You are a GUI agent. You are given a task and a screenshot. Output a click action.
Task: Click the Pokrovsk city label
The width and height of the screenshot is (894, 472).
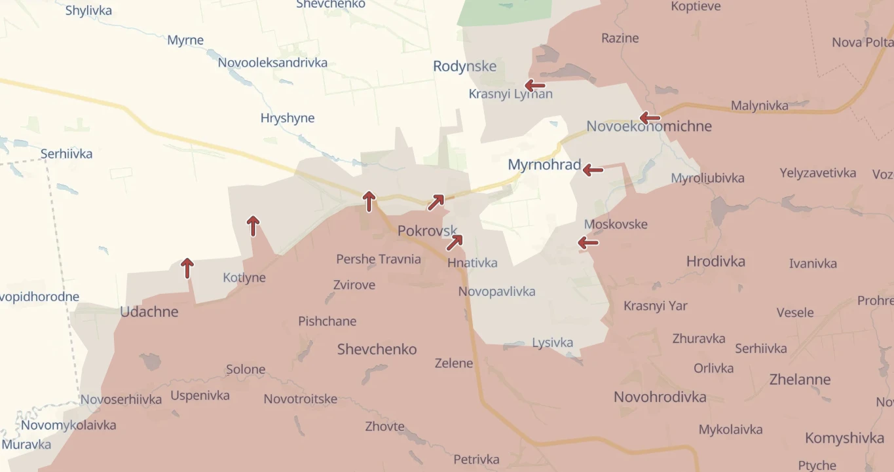(427, 231)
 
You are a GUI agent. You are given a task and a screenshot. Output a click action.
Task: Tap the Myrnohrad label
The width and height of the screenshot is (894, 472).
(544, 165)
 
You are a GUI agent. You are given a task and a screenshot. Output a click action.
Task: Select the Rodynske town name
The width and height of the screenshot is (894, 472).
(464, 66)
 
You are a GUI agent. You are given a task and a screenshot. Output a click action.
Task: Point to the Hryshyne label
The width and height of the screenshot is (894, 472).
(288, 118)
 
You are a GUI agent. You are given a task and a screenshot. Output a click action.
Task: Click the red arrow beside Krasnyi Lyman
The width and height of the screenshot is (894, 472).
(534, 85)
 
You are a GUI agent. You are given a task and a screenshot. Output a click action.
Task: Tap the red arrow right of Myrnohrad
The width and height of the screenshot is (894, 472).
(593, 170)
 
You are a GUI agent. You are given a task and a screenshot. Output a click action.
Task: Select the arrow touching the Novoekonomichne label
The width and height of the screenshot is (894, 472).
(650, 118)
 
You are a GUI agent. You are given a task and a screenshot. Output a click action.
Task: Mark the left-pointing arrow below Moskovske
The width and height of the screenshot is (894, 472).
(587, 243)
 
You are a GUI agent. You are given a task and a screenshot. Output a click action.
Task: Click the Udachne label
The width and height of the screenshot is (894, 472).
(149, 312)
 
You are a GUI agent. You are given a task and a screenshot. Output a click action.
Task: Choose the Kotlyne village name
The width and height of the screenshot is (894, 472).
(244, 278)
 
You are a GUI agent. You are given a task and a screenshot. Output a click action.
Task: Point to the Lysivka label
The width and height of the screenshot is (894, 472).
(552, 342)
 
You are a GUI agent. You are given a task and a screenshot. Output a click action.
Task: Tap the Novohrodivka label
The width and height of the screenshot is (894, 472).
(660, 397)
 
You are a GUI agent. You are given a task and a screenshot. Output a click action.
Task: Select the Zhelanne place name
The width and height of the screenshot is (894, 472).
(800, 380)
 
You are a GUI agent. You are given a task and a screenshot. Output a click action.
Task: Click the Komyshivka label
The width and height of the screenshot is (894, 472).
(844, 438)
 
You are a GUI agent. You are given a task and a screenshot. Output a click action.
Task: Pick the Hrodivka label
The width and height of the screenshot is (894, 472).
(715, 262)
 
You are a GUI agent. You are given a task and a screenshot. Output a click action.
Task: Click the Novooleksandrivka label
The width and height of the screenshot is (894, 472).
(272, 64)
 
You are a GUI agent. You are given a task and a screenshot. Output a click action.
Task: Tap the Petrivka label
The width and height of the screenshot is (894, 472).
(476, 460)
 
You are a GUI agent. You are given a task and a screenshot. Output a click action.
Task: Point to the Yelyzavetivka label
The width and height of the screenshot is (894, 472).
(817, 173)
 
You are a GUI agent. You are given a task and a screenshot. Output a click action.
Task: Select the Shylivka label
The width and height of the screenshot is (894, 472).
(88, 10)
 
